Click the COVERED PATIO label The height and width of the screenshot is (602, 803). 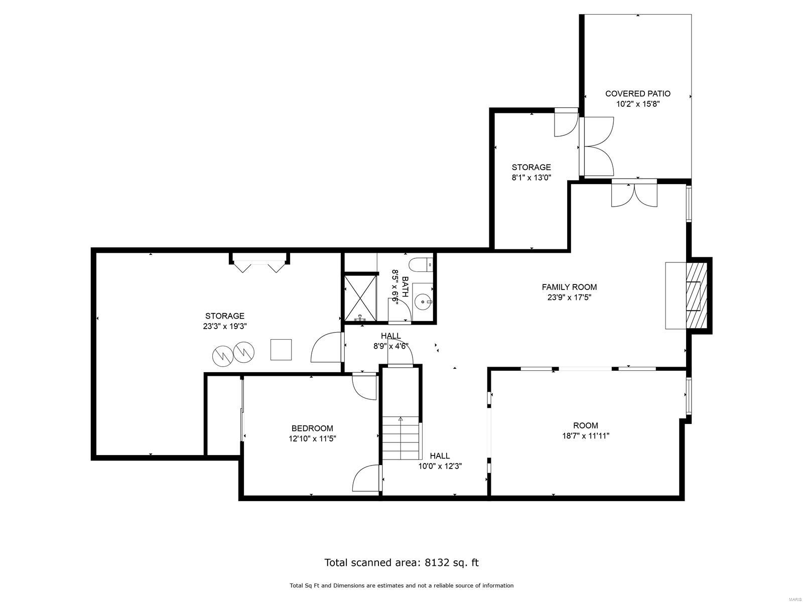(637, 94)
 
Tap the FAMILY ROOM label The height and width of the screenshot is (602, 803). (569, 287)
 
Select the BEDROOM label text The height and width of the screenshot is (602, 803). (312, 428)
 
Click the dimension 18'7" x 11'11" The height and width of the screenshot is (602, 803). (585, 436)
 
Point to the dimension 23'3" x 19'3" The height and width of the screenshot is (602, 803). (224, 326)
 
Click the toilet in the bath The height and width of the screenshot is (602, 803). (421, 263)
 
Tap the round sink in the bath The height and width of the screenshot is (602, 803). (423, 302)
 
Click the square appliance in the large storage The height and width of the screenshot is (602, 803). (281, 350)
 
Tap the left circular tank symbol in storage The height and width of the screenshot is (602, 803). (222, 355)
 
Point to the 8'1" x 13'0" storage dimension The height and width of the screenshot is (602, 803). (531, 177)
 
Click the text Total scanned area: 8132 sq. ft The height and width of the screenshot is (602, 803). (401, 562)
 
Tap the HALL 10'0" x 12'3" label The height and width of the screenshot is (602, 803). (440, 461)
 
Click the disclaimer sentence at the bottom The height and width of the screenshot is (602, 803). (401, 585)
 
